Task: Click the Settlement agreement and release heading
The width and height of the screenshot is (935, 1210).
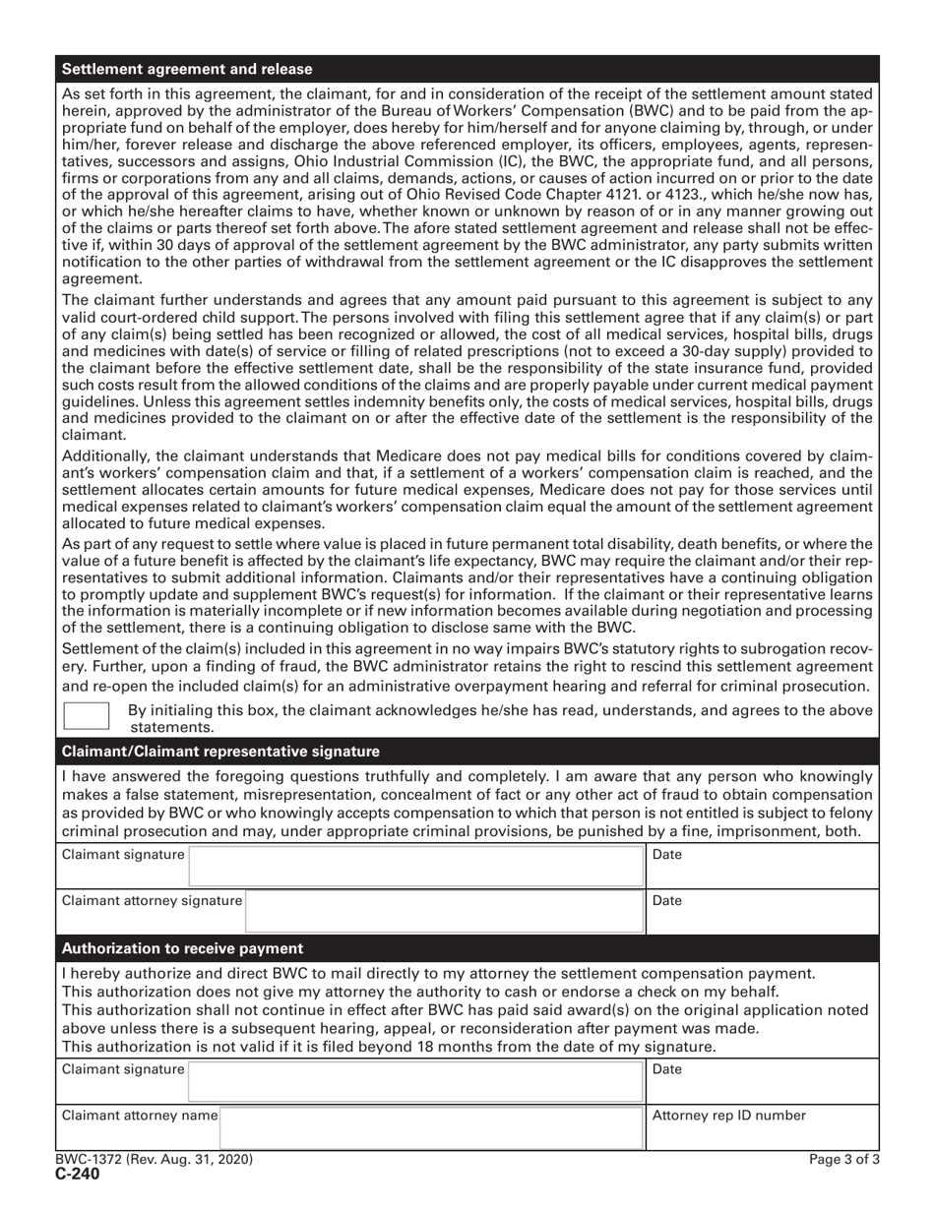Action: coord(187,69)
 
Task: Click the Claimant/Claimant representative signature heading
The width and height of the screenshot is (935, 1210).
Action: coord(220,752)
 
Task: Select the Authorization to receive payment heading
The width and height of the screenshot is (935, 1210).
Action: coord(182,948)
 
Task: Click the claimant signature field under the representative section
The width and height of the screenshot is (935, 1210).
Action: coord(414,864)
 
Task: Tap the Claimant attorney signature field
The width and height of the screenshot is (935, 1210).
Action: coord(443,910)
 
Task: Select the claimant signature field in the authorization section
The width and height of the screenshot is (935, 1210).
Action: coord(414,1080)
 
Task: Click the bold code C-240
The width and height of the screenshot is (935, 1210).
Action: coord(80,1175)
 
